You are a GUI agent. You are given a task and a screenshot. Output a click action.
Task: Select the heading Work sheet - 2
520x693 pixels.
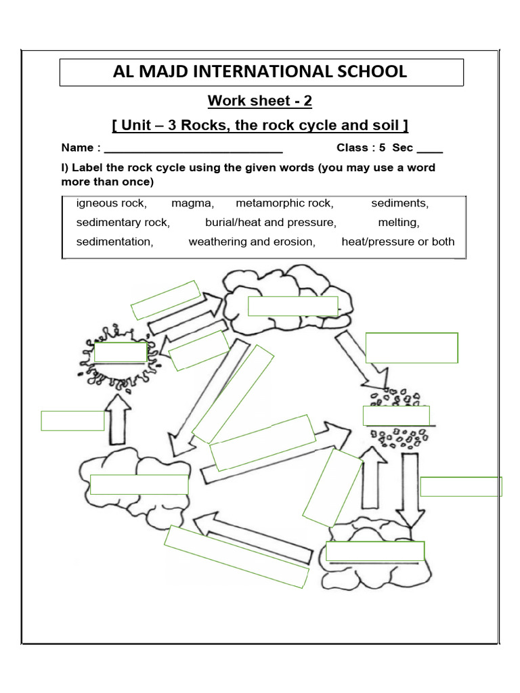pyautogui.click(x=260, y=102)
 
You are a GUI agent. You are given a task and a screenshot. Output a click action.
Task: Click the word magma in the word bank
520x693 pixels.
pyautogui.click(x=192, y=203)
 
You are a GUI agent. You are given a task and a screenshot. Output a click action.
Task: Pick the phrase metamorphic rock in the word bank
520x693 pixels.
pyautogui.click(x=284, y=203)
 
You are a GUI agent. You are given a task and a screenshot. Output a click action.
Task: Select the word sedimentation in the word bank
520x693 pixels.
pyautogui.click(x=114, y=242)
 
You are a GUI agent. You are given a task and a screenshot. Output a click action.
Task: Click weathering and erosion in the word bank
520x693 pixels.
pyautogui.click(x=252, y=242)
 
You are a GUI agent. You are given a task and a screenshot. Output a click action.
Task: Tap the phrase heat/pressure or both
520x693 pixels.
pyautogui.click(x=398, y=242)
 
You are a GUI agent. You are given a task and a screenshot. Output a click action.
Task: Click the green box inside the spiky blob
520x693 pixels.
pyautogui.click(x=121, y=353)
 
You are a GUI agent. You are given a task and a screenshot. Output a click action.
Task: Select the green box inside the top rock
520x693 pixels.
pyautogui.click(x=292, y=306)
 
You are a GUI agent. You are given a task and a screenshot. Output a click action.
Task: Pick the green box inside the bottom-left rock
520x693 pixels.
pyautogui.click(x=139, y=485)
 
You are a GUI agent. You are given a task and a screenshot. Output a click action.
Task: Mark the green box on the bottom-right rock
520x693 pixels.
pyautogui.click(x=375, y=552)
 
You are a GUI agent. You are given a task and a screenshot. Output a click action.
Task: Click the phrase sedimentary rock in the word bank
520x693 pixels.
pyautogui.click(x=123, y=222)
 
